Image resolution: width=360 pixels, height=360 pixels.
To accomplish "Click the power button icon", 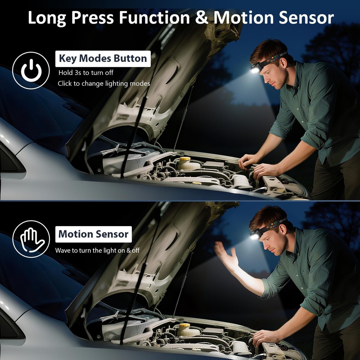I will point(31,70).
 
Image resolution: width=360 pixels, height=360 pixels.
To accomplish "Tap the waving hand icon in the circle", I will point(31,239).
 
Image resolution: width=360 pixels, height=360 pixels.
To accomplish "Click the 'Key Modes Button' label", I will point(103,58).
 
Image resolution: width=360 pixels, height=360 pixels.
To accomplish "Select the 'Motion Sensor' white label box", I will point(93,234).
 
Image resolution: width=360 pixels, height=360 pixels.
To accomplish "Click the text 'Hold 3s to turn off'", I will point(86,73).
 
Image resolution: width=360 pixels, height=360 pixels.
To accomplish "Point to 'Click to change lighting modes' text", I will point(104,84).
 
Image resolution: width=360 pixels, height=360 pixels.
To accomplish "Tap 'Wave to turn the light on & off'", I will point(97,250).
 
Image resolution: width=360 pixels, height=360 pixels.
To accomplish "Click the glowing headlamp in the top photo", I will point(255,69).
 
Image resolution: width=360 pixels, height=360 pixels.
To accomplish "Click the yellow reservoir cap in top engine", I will point(185,159).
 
